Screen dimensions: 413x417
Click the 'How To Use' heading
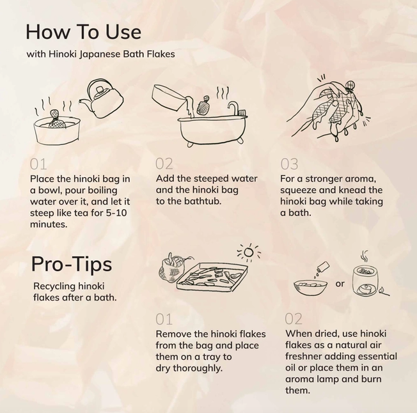coord(83,31)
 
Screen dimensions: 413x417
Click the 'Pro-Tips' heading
coord(71,264)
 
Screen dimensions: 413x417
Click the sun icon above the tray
coord(248,251)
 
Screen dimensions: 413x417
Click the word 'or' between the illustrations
coord(340,284)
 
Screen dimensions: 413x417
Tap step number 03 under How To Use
coord(289,164)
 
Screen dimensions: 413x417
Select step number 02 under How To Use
coord(164,164)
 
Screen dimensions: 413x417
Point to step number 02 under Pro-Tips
coord(294,318)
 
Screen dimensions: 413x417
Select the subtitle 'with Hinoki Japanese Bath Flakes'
coord(100,54)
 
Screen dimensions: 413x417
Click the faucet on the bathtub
coord(233,107)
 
